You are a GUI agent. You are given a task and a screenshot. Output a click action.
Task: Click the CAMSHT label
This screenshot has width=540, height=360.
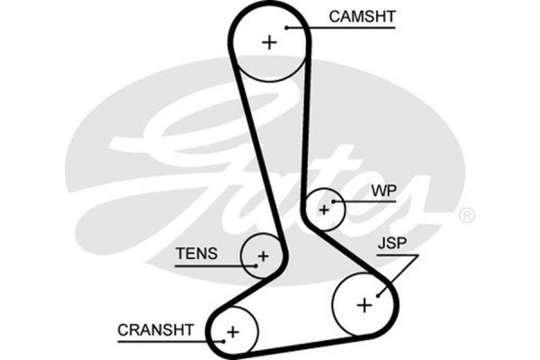(361, 16)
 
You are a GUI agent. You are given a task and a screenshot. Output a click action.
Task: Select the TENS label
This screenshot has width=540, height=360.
(196, 254)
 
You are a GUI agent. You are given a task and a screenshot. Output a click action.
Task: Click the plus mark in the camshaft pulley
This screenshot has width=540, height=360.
(269, 41)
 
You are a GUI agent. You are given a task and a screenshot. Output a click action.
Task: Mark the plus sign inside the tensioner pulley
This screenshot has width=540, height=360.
(262, 256)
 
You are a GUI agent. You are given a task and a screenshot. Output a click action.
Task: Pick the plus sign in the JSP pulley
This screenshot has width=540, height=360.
(364, 304)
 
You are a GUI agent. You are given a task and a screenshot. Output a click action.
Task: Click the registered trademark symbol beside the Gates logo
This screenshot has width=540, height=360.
(467, 216)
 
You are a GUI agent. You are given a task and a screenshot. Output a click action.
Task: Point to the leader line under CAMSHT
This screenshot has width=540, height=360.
(351, 28)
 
